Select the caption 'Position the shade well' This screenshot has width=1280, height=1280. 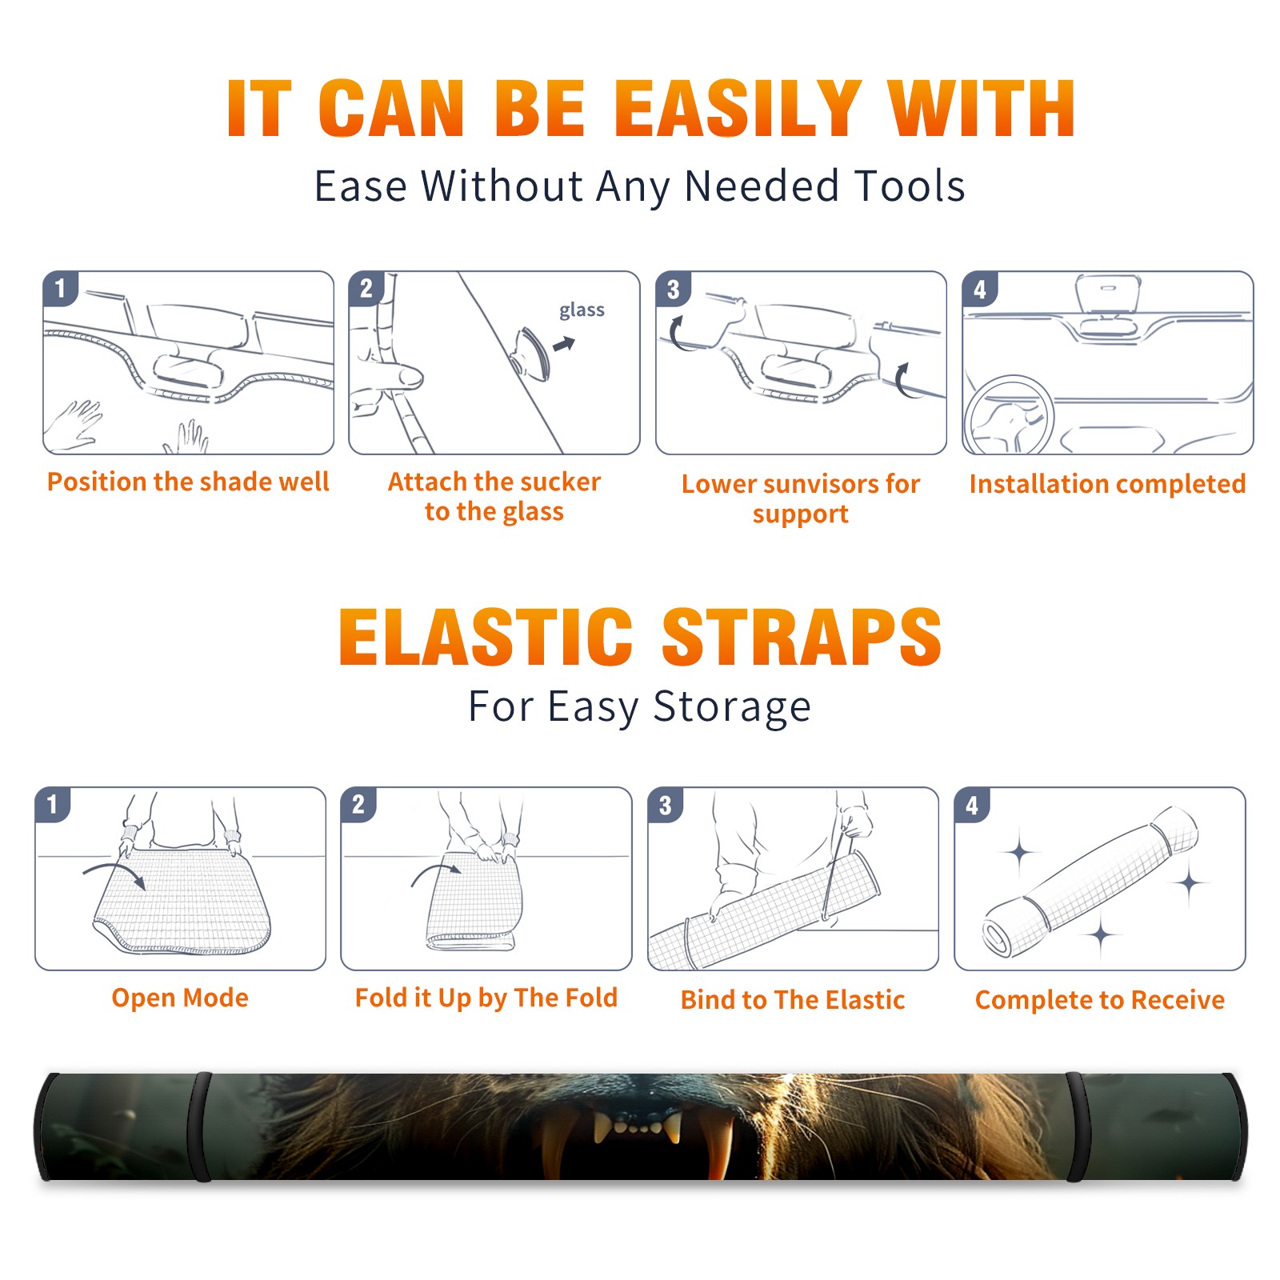(x=188, y=482)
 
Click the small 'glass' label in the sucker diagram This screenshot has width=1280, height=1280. (x=582, y=310)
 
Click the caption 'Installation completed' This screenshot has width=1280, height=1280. (x=1107, y=484)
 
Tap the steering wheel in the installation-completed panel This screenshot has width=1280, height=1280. (x=1010, y=416)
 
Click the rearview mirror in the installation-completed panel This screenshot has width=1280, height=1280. (x=1107, y=294)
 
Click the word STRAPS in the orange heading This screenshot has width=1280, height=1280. (x=802, y=637)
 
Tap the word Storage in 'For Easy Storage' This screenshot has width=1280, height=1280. (x=732, y=707)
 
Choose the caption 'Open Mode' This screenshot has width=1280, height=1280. (x=180, y=998)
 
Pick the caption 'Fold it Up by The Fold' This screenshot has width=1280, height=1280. (x=486, y=998)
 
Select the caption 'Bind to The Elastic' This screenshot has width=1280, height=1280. (x=793, y=1000)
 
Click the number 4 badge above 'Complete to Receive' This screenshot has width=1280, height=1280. (x=972, y=805)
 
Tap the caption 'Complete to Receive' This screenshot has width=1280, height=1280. (x=1100, y=1000)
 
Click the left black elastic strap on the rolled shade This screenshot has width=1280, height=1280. (x=200, y=1127)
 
